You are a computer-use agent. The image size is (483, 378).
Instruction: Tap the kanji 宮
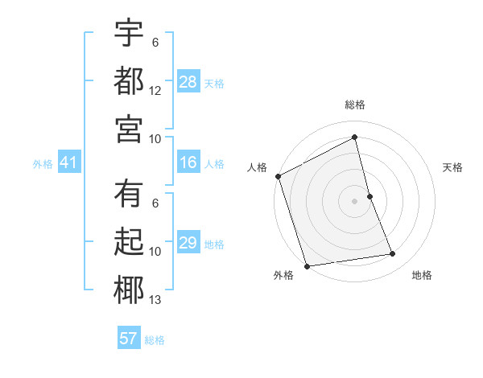pyautogui.click(x=128, y=129)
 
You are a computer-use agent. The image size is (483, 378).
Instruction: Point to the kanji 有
pyautogui.click(x=128, y=194)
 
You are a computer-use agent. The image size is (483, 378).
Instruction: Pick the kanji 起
pyautogui.click(x=128, y=242)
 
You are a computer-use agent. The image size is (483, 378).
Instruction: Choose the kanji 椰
pyautogui.click(x=128, y=290)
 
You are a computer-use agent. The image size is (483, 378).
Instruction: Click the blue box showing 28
pyautogui.click(x=188, y=81)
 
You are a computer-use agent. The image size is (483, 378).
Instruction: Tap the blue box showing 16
pyautogui.click(x=188, y=163)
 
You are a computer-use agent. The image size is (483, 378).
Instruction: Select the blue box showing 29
pyautogui.click(x=188, y=243)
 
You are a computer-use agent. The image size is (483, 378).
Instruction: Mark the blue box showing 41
pyautogui.click(x=68, y=163)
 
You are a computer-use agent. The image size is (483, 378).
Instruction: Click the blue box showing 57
pyautogui.click(x=129, y=339)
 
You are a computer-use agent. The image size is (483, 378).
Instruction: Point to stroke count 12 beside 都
pyautogui.click(x=155, y=90)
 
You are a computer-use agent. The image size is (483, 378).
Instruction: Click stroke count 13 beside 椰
pyautogui.click(x=155, y=300)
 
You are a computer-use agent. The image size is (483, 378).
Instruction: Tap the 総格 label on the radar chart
pyautogui.click(x=355, y=105)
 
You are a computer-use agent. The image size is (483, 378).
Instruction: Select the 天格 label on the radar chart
pyautogui.click(x=453, y=167)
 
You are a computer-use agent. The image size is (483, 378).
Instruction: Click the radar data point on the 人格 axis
pyautogui.click(x=278, y=176)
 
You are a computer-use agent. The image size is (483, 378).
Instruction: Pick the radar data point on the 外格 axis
pyautogui.click(x=307, y=265)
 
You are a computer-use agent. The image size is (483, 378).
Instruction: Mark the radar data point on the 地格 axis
pyautogui.click(x=393, y=254)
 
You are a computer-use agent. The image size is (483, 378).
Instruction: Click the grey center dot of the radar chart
pyautogui.click(x=355, y=200)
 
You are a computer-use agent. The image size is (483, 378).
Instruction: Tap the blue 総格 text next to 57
pyautogui.click(x=155, y=339)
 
